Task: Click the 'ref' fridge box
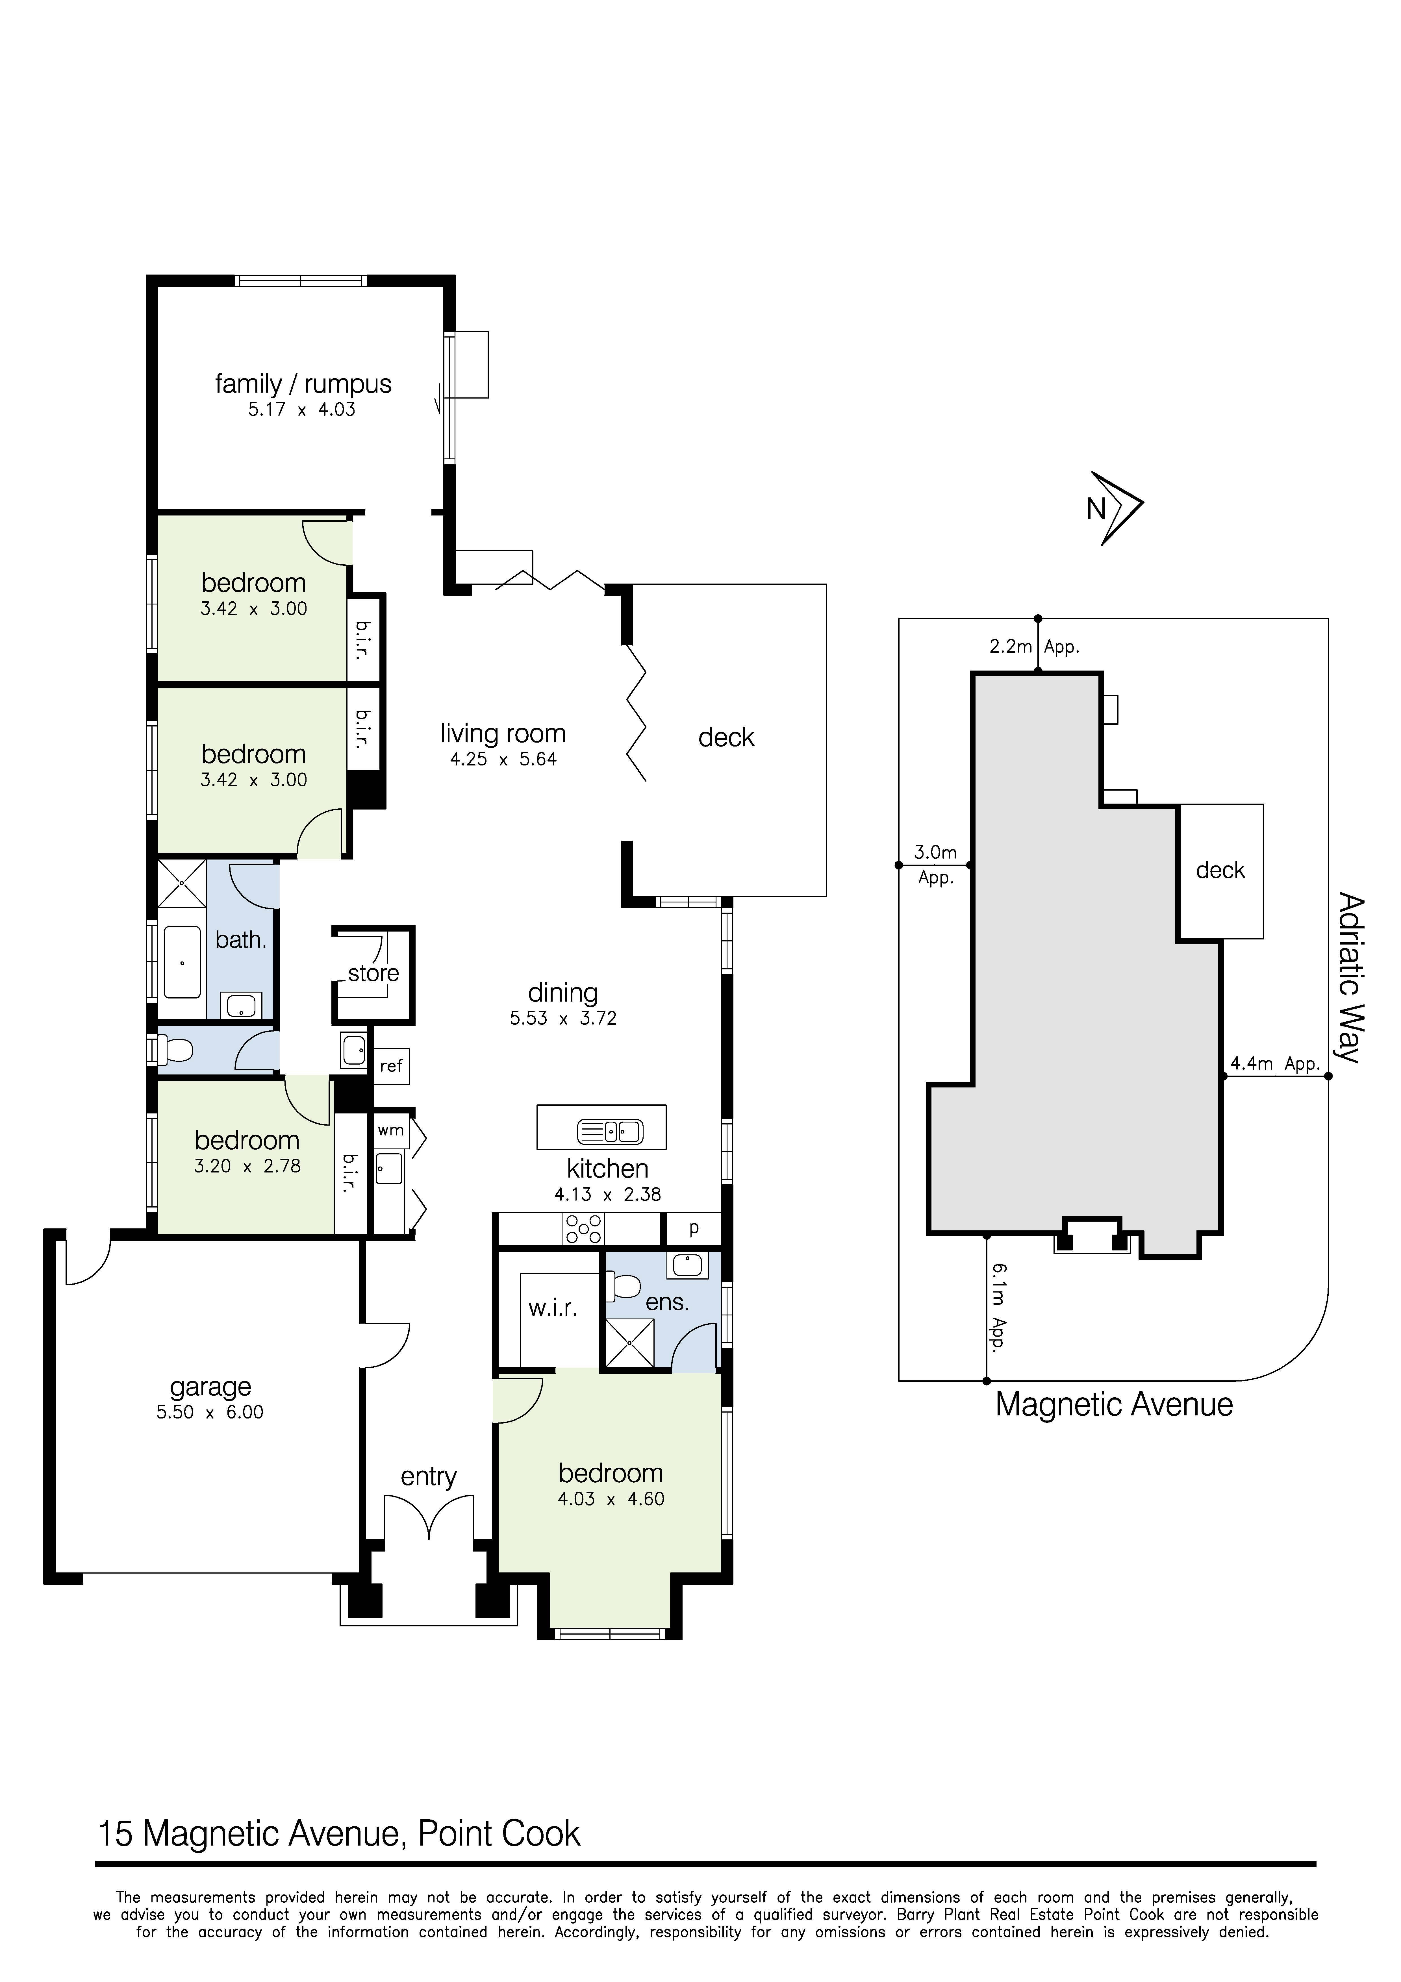click(x=391, y=1066)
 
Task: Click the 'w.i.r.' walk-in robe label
click(x=552, y=1308)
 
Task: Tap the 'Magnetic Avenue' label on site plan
click(x=1114, y=1404)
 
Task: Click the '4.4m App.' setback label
click(x=1274, y=1063)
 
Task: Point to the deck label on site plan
click(x=1220, y=870)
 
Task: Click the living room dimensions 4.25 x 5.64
click(x=503, y=760)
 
